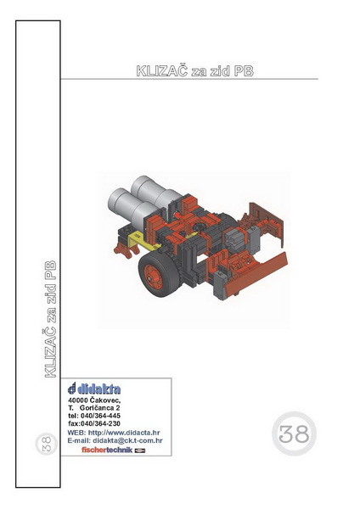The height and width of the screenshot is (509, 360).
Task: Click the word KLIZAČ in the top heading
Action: (x=162, y=70)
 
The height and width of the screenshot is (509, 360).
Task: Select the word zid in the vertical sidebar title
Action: (x=50, y=296)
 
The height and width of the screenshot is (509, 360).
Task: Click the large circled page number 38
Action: (x=294, y=433)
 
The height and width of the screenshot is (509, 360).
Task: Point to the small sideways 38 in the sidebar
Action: (x=46, y=444)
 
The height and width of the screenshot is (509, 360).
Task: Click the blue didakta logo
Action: (x=94, y=389)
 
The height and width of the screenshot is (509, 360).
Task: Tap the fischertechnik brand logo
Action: (x=114, y=450)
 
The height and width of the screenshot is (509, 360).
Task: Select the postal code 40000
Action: (x=77, y=400)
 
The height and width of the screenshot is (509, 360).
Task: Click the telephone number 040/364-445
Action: (x=100, y=416)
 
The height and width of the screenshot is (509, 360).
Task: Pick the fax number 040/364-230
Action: (x=100, y=423)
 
